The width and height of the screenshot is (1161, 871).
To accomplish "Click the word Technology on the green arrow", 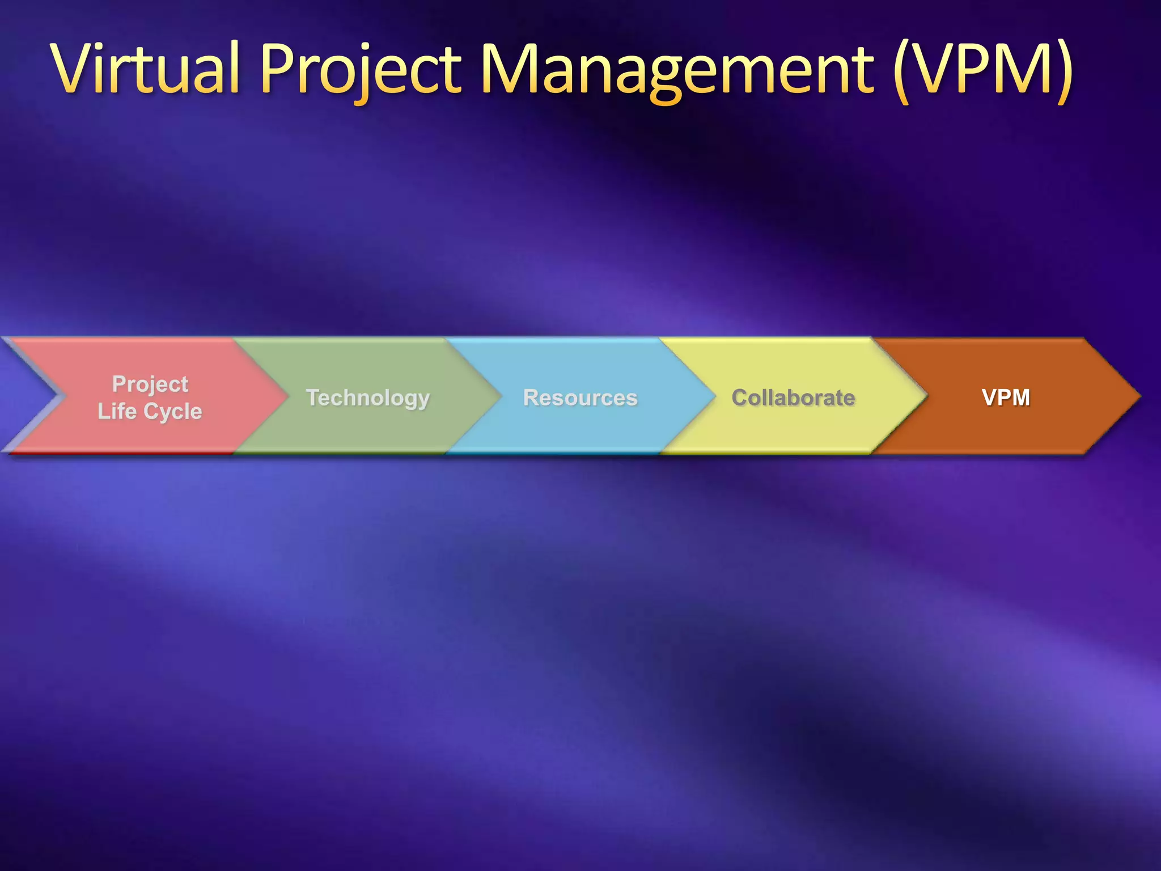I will click(368, 398).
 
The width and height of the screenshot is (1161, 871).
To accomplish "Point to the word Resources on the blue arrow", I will click(580, 398).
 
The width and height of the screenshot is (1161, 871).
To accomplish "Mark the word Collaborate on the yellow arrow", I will click(793, 398).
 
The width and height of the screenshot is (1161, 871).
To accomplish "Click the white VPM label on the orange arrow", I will click(1006, 397).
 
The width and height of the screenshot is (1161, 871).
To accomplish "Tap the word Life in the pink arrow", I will click(117, 411).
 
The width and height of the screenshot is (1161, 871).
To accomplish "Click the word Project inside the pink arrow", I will click(150, 384).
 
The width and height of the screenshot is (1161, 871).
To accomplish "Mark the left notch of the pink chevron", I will click(61, 396).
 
